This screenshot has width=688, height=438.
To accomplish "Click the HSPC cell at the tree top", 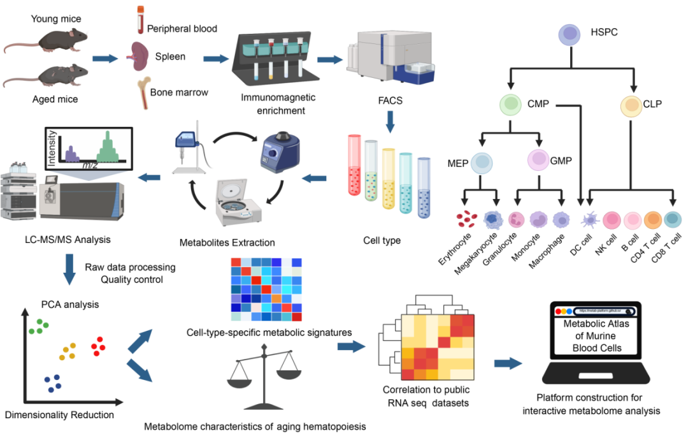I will pos(570,34).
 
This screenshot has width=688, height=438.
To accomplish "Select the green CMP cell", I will pos(511,103).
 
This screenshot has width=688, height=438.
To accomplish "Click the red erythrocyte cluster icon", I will pos(467,220).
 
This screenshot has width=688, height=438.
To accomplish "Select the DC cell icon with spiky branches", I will pos(589,221).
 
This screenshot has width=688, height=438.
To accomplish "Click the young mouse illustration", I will pos(38,40).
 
